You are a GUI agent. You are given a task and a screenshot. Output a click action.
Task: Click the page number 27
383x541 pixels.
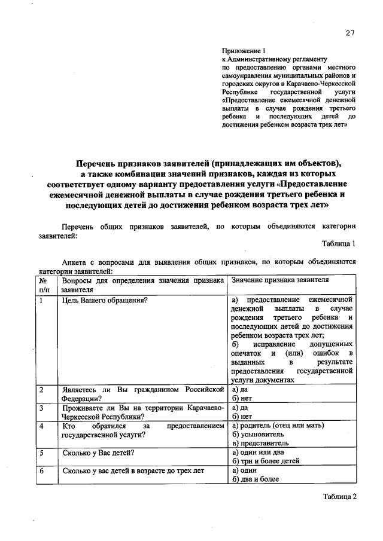click(x=350, y=33)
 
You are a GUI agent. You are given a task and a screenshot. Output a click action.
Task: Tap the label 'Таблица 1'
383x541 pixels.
click(x=339, y=244)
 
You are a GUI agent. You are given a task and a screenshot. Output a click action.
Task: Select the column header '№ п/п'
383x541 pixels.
click(x=43, y=284)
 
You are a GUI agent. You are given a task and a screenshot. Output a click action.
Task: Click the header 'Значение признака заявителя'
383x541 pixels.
click(x=279, y=280)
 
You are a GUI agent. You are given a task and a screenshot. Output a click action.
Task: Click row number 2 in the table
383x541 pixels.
click(x=42, y=390)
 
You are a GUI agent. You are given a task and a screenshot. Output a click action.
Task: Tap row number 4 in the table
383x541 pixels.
click(x=42, y=426)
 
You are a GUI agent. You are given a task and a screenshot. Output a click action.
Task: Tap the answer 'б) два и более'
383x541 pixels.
click(x=255, y=479)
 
